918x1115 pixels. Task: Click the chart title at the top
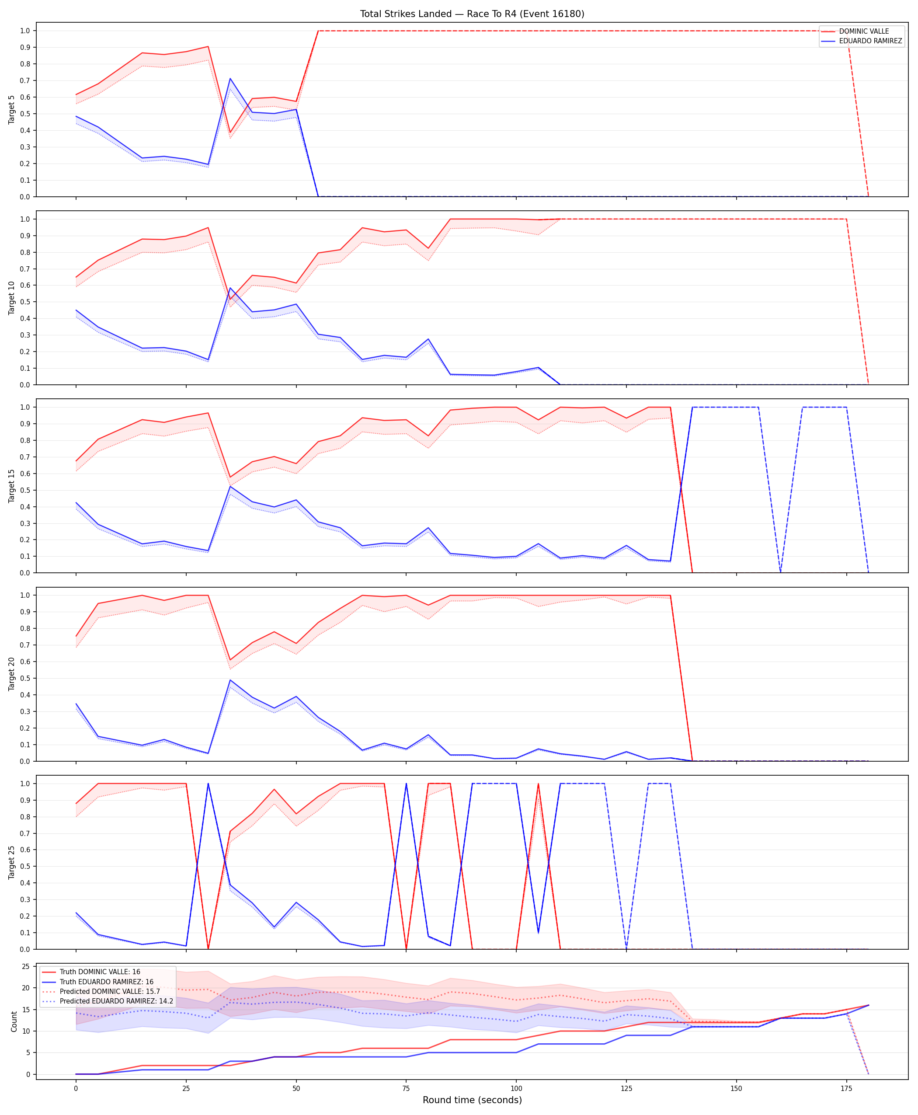[472, 14]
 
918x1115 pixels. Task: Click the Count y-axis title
[14, 1021]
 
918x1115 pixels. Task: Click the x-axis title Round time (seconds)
[472, 1100]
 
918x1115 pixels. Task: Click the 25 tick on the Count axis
[25, 966]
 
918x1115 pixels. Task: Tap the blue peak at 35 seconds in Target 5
[230, 79]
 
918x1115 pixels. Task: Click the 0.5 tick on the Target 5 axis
[25, 114]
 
